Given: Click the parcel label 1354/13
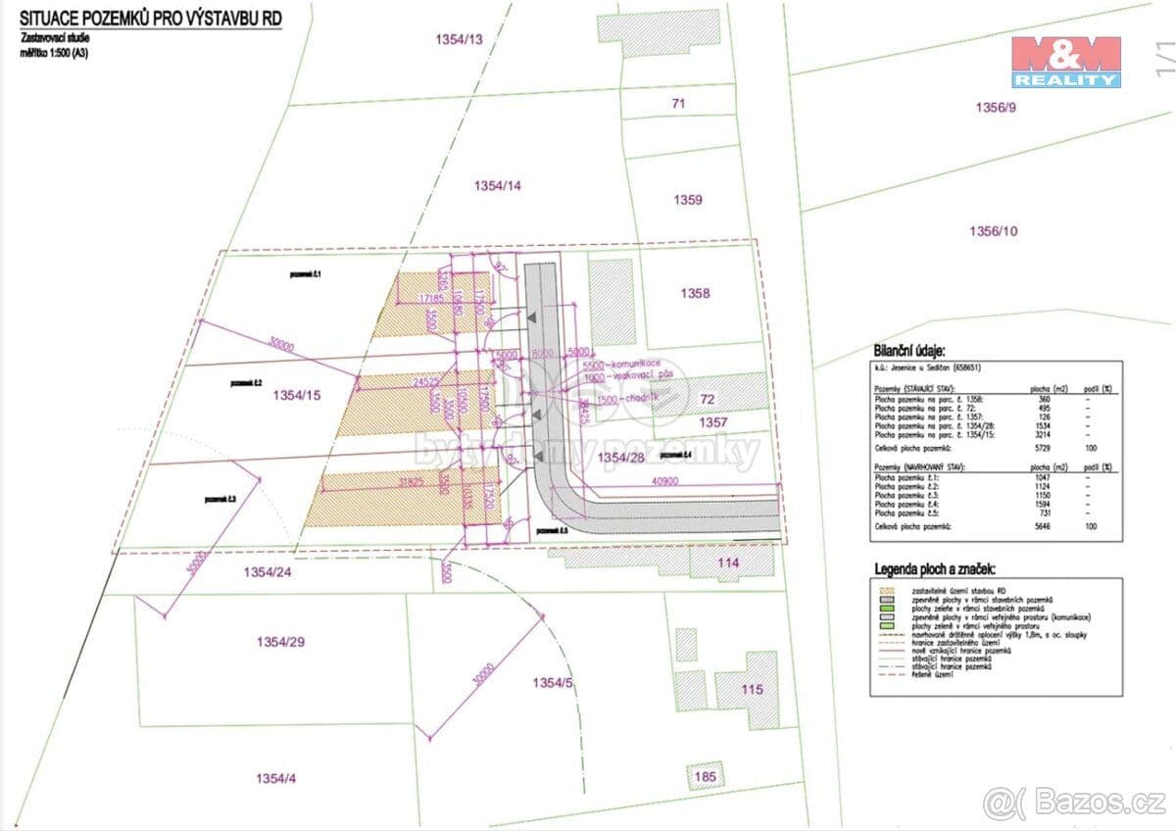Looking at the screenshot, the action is coord(460,39).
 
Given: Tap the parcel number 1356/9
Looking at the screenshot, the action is coord(997,107).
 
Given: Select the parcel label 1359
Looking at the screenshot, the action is coord(687,200).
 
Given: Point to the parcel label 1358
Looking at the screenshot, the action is coord(694,293).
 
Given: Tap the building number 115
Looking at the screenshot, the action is coord(751,690).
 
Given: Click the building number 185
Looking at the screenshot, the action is coord(705,777).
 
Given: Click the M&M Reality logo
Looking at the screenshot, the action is coord(1066,63).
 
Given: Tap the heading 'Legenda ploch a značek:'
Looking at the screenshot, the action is coord(934,568).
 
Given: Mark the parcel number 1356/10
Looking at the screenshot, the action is coord(994,231).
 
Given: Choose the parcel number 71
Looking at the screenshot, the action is coord(678,103).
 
